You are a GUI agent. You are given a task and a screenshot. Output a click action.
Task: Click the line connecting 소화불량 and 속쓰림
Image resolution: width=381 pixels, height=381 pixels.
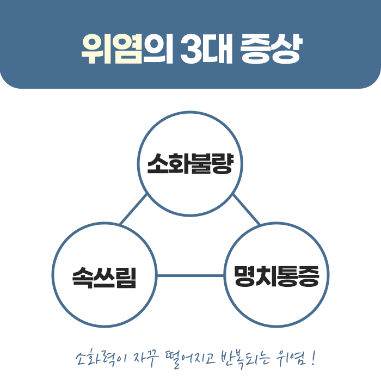(133, 210)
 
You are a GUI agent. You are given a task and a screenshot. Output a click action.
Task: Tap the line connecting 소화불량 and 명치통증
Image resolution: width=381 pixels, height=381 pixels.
(246, 209)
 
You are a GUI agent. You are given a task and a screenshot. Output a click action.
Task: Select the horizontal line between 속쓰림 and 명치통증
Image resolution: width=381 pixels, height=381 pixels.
(190, 275)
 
